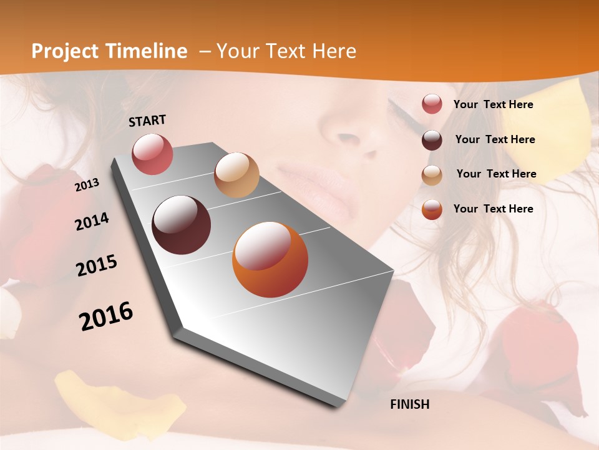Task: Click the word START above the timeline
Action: coord(147,120)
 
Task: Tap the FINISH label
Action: coord(409,404)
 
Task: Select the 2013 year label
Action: coord(87,185)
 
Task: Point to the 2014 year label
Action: coord(92,221)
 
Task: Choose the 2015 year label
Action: coord(97,265)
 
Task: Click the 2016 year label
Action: coord(106,316)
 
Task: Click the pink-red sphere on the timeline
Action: coord(152,154)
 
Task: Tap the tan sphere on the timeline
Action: coord(236,175)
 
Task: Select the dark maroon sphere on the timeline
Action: coord(182,225)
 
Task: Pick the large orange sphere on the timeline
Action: coord(270,259)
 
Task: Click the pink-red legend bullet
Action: coord(432,104)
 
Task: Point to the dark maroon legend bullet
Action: coord(432,140)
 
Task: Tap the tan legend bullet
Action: coord(432,175)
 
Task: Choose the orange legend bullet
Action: coord(432,209)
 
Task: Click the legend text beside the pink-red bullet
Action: coord(493,104)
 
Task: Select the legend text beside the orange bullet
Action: coord(493,209)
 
